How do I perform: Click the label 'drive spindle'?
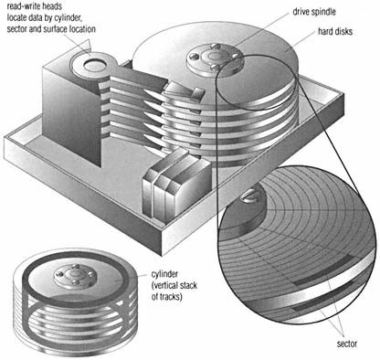(x=314, y=12)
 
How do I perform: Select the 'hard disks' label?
(x=335, y=31)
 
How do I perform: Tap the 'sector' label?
(x=347, y=344)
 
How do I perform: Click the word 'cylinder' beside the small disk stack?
(x=164, y=274)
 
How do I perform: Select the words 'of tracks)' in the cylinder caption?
(x=167, y=296)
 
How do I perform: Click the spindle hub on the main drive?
(x=215, y=57)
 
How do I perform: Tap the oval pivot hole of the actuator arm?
(x=95, y=65)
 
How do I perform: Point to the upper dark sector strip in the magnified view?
(x=323, y=270)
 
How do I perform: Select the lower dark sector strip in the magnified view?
(x=323, y=295)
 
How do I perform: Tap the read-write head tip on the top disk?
(x=184, y=90)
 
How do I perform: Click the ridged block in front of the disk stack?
(x=176, y=185)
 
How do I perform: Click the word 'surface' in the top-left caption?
(x=46, y=29)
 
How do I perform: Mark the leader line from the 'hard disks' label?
(x=301, y=41)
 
